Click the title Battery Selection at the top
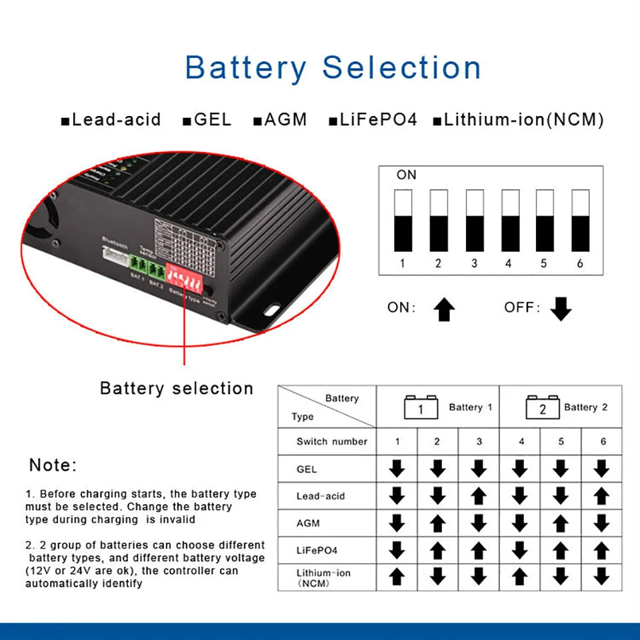click(x=333, y=68)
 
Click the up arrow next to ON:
click(x=444, y=309)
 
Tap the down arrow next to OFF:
click(x=561, y=309)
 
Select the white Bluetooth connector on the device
click(x=115, y=254)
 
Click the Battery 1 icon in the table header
click(x=421, y=407)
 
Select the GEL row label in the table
click(x=307, y=469)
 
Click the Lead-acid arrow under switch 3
click(x=479, y=496)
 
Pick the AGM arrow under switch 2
click(x=437, y=523)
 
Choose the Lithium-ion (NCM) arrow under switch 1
click(x=397, y=576)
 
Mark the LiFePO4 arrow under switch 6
click(x=601, y=550)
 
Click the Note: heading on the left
click(x=53, y=465)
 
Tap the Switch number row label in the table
click(x=331, y=441)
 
